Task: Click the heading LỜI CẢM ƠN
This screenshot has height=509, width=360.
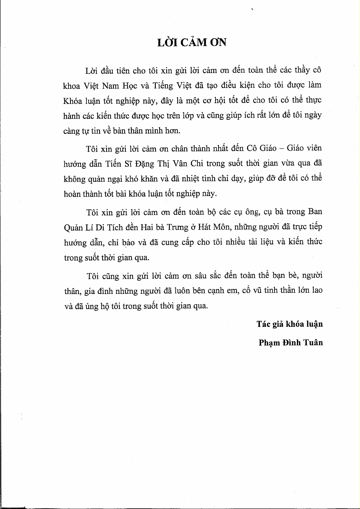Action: pyautogui.click(x=192, y=42)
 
